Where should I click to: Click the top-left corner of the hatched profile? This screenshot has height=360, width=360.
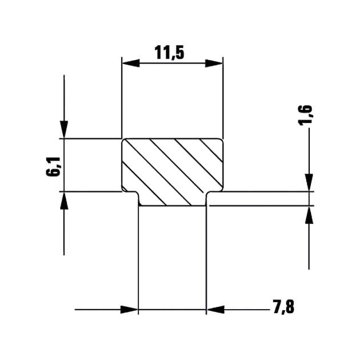coord(124,140)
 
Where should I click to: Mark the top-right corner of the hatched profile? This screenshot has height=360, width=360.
coord(221,140)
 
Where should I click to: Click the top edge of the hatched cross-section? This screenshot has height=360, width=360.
coord(171,138)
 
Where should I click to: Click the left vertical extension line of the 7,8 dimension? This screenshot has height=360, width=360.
coord(139,257)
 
